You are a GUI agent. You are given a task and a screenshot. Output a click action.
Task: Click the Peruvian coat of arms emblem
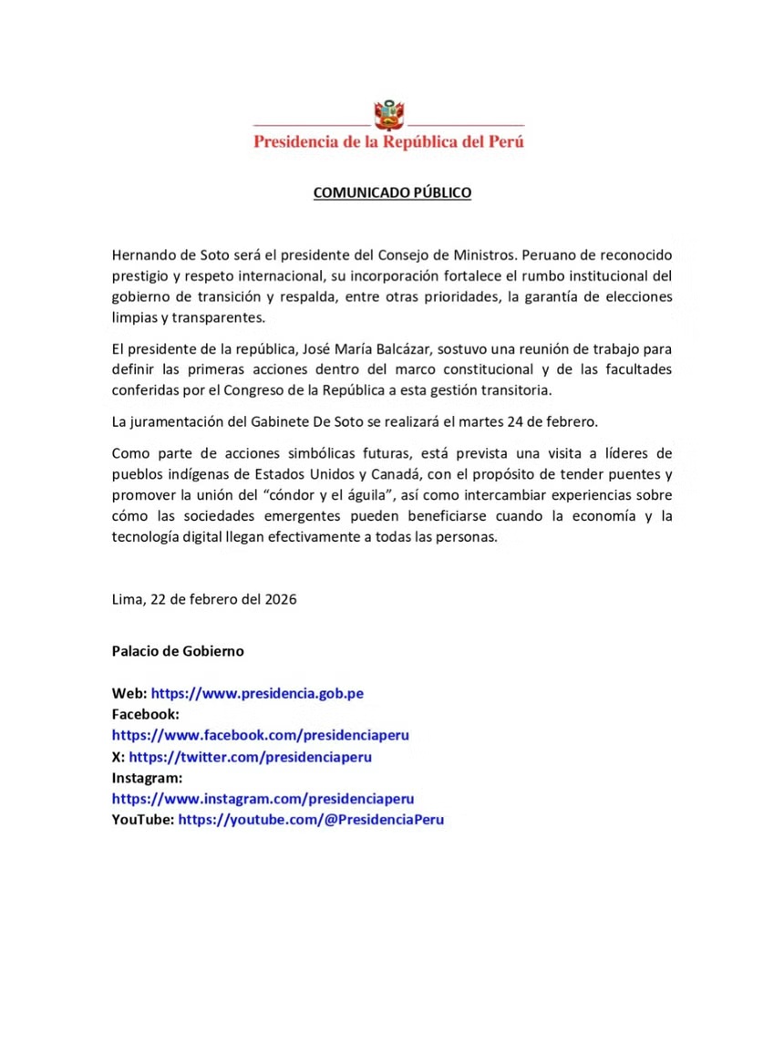point(389,115)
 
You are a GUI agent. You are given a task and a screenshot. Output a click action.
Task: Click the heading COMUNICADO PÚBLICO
point(392,193)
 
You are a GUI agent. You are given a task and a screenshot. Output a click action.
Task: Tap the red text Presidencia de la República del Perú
point(388,142)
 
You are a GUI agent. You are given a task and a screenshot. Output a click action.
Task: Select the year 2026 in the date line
point(279,600)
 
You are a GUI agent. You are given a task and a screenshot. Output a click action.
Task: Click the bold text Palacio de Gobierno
point(178,651)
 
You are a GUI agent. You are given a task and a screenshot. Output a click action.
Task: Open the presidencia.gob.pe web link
point(257,694)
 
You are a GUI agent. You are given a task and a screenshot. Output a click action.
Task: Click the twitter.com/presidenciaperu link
point(250,757)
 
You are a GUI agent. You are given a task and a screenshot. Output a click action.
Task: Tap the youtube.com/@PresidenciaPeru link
point(311,820)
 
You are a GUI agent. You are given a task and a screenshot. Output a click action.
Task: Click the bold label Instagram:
point(148,778)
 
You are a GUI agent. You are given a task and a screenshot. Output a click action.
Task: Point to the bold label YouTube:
point(143,820)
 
